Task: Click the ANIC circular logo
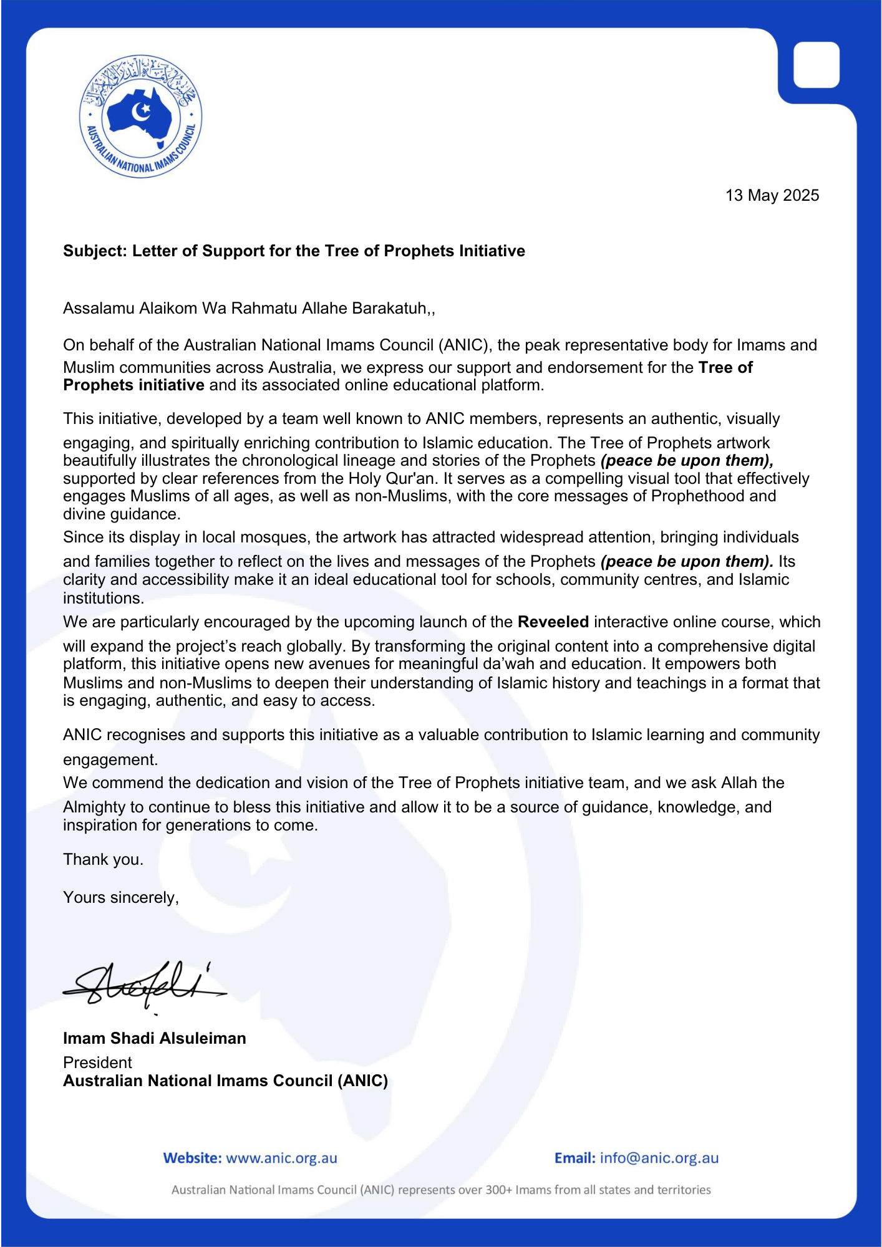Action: tap(140, 116)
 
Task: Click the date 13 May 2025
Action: tap(772, 196)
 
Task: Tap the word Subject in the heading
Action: tap(94, 251)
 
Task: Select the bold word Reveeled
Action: tap(553, 622)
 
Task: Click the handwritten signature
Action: tap(143, 984)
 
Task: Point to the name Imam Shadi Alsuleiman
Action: tap(154, 1038)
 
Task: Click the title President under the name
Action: tap(97, 1062)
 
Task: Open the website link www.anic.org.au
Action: tap(281, 1158)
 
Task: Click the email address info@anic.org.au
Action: tap(659, 1158)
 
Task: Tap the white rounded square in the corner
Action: tap(816, 65)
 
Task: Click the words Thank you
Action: tap(103, 860)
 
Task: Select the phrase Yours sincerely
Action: tap(120, 898)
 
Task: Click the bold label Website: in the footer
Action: tap(192, 1158)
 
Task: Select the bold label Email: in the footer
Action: tap(574, 1158)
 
